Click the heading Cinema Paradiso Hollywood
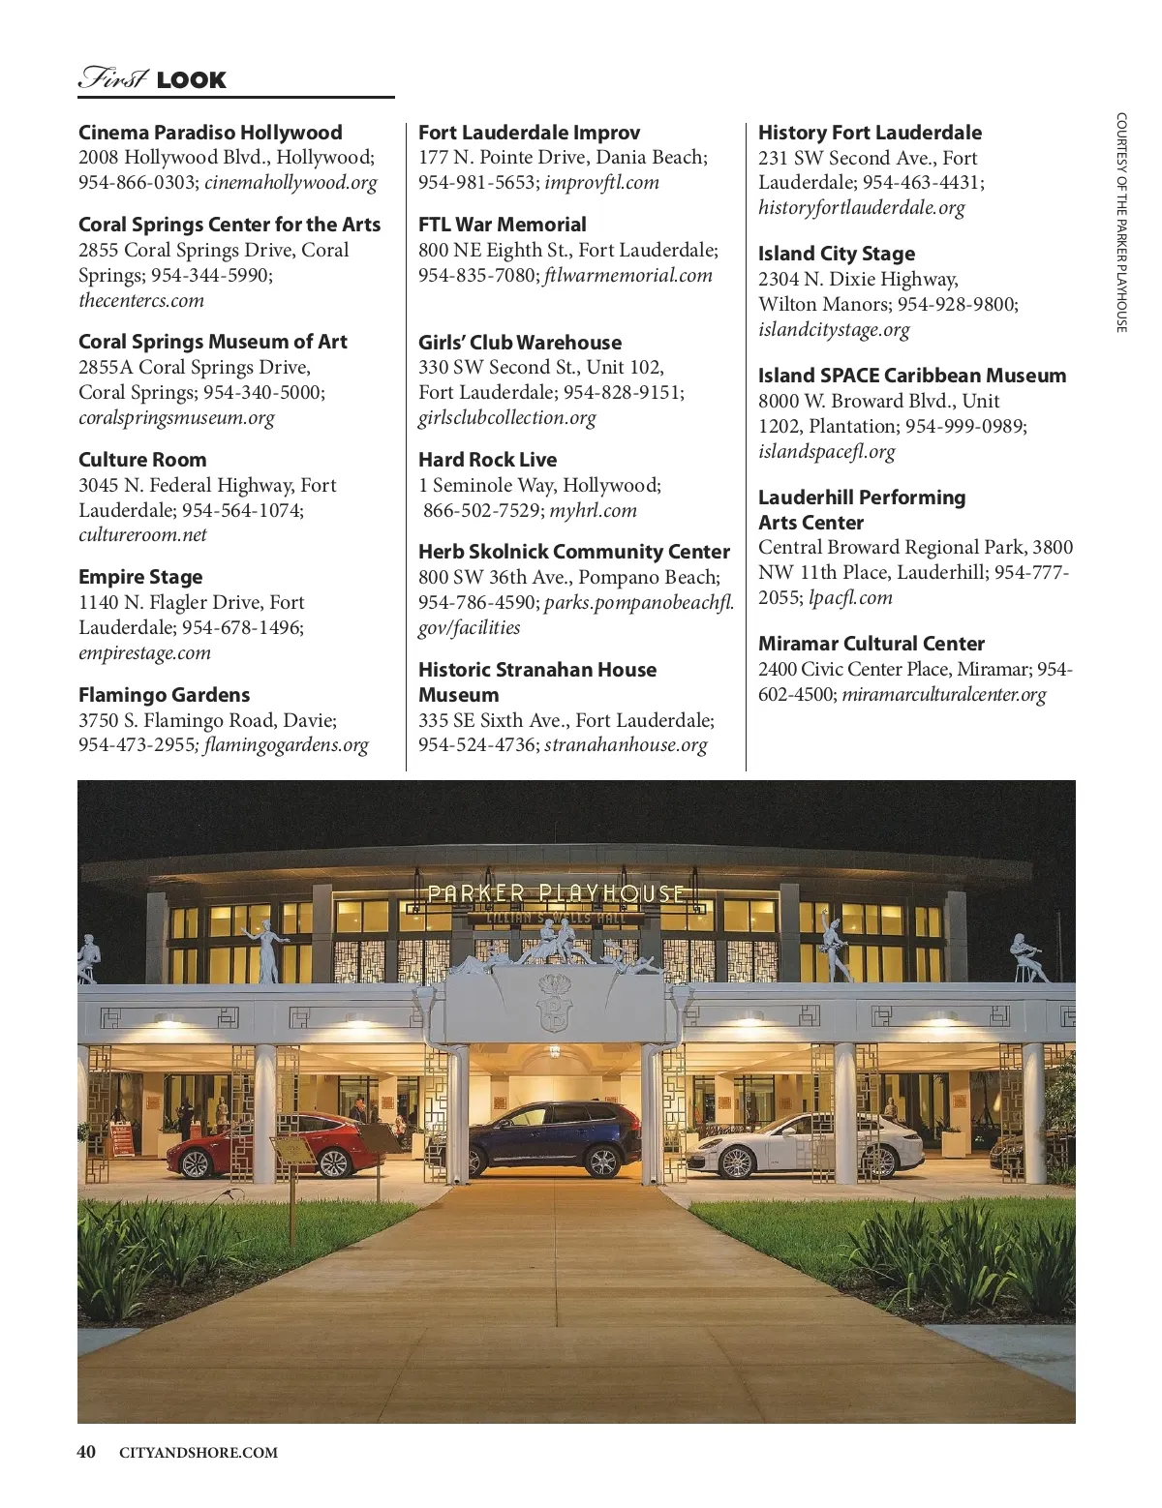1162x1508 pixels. pyautogui.click(x=210, y=133)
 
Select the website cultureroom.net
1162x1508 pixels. pyautogui.click(x=142, y=535)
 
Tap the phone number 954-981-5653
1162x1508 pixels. pyautogui.click(x=476, y=183)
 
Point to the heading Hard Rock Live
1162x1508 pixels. pyautogui.click(x=487, y=460)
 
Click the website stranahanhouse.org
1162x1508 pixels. pyautogui.click(x=626, y=745)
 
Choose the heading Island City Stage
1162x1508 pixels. pyautogui.click(x=836, y=254)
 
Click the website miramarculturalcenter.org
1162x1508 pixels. pyautogui.click(x=944, y=695)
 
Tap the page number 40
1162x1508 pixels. pyautogui.click(x=86, y=1452)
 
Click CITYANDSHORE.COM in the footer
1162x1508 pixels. pyautogui.click(x=198, y=1453)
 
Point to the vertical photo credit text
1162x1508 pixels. pyautogui.click(x=1121, y=223)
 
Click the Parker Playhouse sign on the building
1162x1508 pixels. pyautogui.click(x=556, y=893)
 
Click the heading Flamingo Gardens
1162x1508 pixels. pyautogui.click(x=164, y=695)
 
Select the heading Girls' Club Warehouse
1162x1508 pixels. pyautogui.click(x=519, y=343)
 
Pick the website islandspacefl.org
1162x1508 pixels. pyautogui.click(x=826, y=451)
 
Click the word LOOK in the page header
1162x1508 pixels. pyautogui.click(x=191, y=80)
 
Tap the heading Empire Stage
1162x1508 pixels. pyautogui.click(x=140, y=577)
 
